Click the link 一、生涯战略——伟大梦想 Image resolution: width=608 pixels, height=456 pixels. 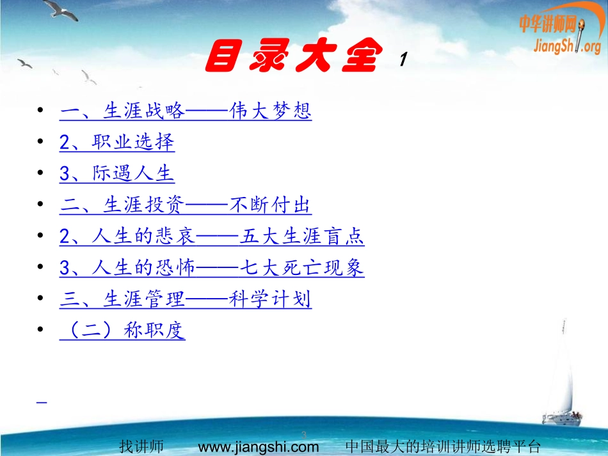186,112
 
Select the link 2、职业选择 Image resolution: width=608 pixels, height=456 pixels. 117,143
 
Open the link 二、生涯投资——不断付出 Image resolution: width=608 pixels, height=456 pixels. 186,206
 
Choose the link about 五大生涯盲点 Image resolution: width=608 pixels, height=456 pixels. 212,237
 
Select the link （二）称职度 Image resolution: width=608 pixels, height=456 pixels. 122,331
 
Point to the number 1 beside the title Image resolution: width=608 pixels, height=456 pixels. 403,61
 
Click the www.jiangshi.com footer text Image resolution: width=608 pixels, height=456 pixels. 259,446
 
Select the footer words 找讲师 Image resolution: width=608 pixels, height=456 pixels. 141,446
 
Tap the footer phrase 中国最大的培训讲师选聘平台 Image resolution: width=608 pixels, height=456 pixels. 443,446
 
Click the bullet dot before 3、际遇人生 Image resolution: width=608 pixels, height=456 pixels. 42,174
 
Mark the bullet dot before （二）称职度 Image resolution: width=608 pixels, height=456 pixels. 42,331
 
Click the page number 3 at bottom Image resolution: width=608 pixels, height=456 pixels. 304,435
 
